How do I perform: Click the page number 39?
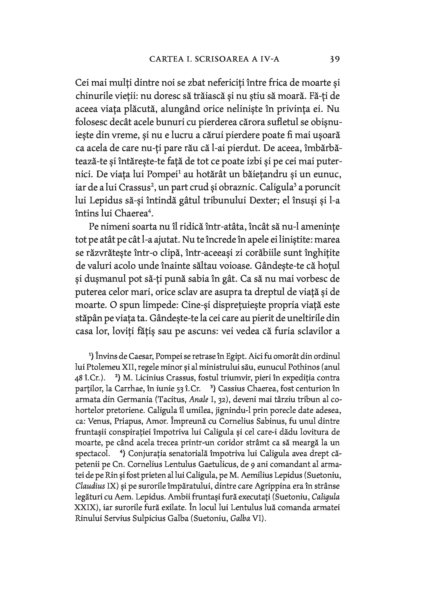335,59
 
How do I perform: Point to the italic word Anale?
199,400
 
